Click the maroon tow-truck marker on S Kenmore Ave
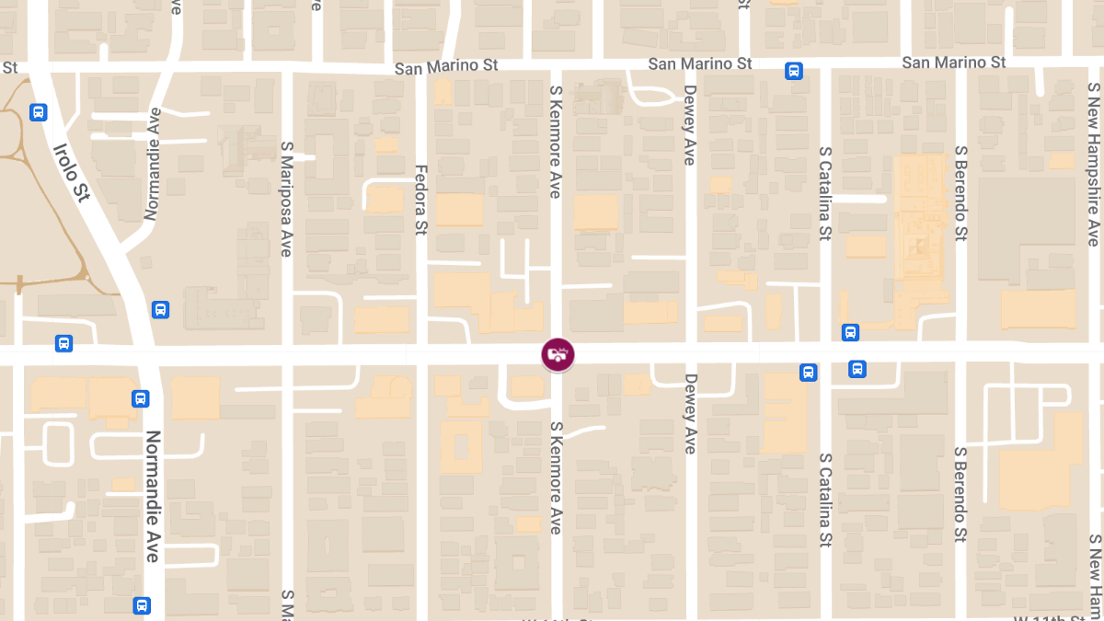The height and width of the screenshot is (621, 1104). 558,354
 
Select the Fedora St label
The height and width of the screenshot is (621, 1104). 421,200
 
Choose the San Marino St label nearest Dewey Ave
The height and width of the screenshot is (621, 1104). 700,63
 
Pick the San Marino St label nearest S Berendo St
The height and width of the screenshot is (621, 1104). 953,63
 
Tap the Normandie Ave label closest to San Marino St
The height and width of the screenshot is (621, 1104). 152,164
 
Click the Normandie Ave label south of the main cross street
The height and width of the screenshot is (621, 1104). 152,496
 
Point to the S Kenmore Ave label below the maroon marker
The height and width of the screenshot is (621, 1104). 555,477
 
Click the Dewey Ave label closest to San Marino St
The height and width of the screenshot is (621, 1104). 690,125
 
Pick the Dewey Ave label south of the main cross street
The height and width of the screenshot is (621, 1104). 690,413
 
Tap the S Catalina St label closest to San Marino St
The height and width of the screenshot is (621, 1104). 825,192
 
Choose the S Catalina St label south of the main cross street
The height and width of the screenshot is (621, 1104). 825,500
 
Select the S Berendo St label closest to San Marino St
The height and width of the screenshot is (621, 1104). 960,192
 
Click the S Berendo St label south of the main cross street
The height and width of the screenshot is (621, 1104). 960,495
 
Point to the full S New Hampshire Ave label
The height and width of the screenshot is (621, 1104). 1093,165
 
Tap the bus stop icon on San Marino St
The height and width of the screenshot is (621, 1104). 794,71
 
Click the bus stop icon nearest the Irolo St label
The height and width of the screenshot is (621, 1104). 38,112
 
